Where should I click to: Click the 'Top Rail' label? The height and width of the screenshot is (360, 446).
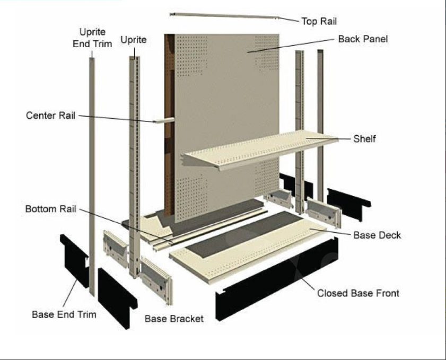point(319,22)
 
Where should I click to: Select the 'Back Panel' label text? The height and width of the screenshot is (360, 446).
point(363,39)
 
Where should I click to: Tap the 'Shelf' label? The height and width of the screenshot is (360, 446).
point(364,139)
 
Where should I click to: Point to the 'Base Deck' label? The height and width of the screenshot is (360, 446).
point(377,235)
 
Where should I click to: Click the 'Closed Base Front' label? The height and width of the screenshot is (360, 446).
point(358,293)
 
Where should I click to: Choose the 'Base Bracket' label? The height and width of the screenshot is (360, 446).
point(174,319)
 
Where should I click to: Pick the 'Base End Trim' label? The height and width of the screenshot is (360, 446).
point(64,314)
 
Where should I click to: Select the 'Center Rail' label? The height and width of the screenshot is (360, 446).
point(51,115)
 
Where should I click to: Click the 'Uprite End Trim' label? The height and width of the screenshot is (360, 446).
point(92,38)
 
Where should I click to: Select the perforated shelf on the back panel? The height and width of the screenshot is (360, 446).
point(260,151)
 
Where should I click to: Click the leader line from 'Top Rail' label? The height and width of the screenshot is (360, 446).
point(289,20)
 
